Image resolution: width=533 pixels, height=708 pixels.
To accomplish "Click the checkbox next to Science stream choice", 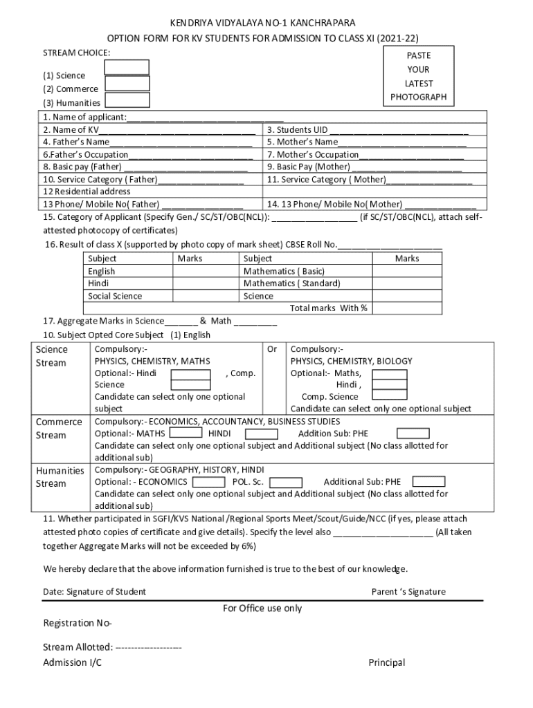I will point(126,67).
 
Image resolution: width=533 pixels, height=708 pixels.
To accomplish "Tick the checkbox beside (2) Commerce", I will point(127,84).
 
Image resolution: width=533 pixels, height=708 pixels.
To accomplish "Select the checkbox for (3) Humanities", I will point(127,100).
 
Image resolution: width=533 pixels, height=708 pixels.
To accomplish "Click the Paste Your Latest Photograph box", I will point(418,76).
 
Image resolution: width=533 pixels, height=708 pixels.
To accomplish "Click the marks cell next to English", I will point(206,272).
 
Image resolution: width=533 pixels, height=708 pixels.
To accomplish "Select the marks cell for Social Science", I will point(206,296).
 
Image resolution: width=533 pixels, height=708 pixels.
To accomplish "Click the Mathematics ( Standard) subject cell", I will point(291,283).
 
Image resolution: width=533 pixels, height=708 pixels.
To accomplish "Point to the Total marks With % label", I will point(329,308).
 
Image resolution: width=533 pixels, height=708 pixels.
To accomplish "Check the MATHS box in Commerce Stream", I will point(186,434).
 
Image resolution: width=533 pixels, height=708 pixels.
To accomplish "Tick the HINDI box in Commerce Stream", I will point(261,434).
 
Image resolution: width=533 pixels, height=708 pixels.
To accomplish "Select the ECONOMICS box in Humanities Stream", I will point(208,482).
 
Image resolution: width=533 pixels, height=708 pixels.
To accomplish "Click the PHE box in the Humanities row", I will point(428,482).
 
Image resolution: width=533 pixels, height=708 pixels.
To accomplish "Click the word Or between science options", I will point(271,349).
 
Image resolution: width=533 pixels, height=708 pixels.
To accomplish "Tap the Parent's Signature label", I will point(408,592).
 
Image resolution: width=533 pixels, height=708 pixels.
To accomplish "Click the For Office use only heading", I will point(262,608).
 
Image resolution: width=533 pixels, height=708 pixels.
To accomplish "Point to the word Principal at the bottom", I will point(386,663).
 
